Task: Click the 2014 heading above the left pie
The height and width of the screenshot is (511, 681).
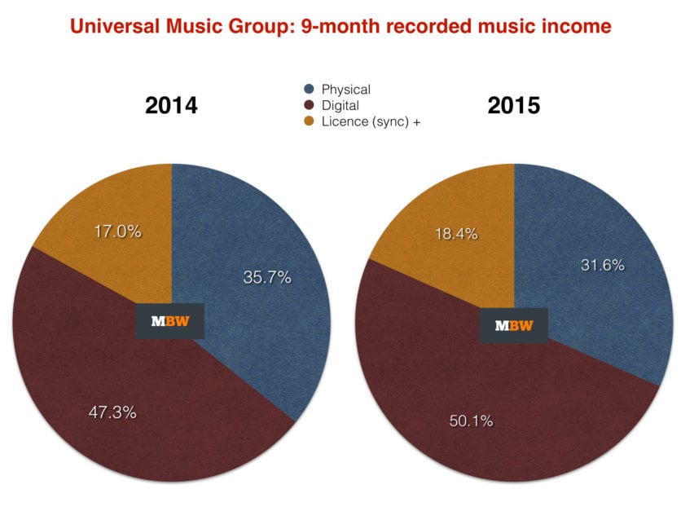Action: pos(171,106)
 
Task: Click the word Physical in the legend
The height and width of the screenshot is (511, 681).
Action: pos(346,90)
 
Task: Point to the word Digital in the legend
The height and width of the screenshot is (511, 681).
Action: pos(340,105)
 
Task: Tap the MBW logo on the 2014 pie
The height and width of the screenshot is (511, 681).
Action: pos(169,321)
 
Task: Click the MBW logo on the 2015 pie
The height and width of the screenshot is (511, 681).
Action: pos(514,325)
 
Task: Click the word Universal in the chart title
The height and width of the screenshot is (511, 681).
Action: pos(109,26)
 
